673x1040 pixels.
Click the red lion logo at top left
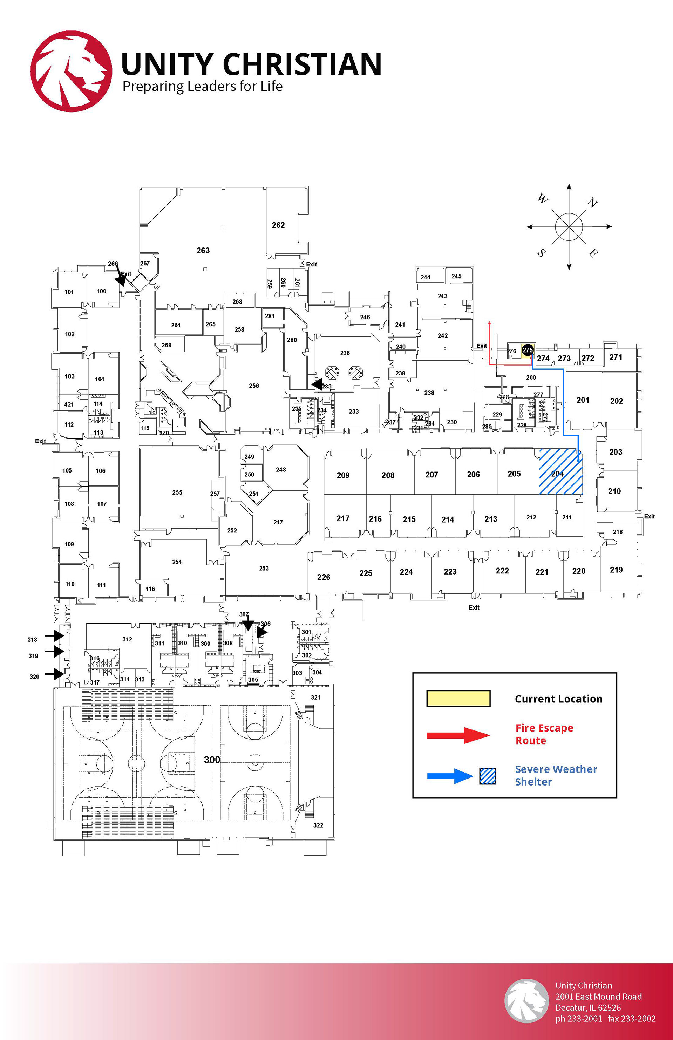71,71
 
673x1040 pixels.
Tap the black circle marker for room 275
528,350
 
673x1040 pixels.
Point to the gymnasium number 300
212,760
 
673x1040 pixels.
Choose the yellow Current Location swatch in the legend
458,698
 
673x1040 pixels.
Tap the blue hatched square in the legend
487,776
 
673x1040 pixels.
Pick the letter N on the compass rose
592,203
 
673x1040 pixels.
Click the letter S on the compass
542,253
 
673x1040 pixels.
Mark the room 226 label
324,577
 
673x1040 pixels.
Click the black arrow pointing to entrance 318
55,635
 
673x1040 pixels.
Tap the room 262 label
278,225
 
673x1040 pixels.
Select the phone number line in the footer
605,1019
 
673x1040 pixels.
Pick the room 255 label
177,492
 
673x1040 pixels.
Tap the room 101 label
69,292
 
